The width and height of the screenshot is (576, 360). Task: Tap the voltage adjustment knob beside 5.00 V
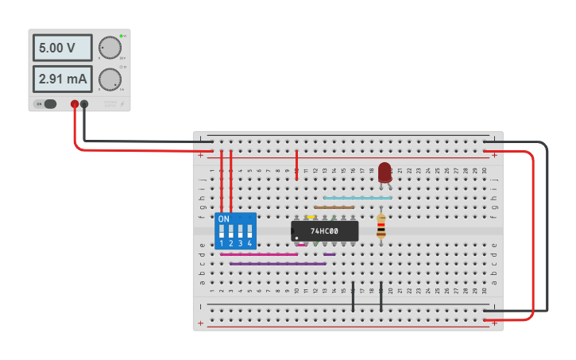point(110,48)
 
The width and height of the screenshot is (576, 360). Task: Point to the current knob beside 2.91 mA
point(110,79)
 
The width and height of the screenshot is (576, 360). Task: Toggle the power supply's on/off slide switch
point(48,103)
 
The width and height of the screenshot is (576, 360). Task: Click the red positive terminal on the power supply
point(75,103)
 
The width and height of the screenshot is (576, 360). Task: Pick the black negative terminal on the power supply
point(84,103)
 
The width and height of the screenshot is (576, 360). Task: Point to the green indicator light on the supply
point(121,36)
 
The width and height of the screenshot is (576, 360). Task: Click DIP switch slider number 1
point(222,231)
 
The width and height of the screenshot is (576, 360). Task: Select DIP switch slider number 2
point(231,231)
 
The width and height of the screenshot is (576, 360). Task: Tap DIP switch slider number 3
point(241,231)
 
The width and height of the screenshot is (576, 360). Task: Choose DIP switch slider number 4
point(250,231)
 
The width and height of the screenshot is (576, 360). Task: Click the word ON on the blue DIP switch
point(223,219)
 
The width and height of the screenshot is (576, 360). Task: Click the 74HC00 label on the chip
point(324,231)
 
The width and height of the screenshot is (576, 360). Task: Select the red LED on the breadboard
point(385,172)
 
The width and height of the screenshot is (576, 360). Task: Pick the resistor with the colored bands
point(381,226)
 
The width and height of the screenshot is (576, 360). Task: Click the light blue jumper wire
point(358,198)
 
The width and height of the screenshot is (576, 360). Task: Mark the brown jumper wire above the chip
point(334,207)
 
